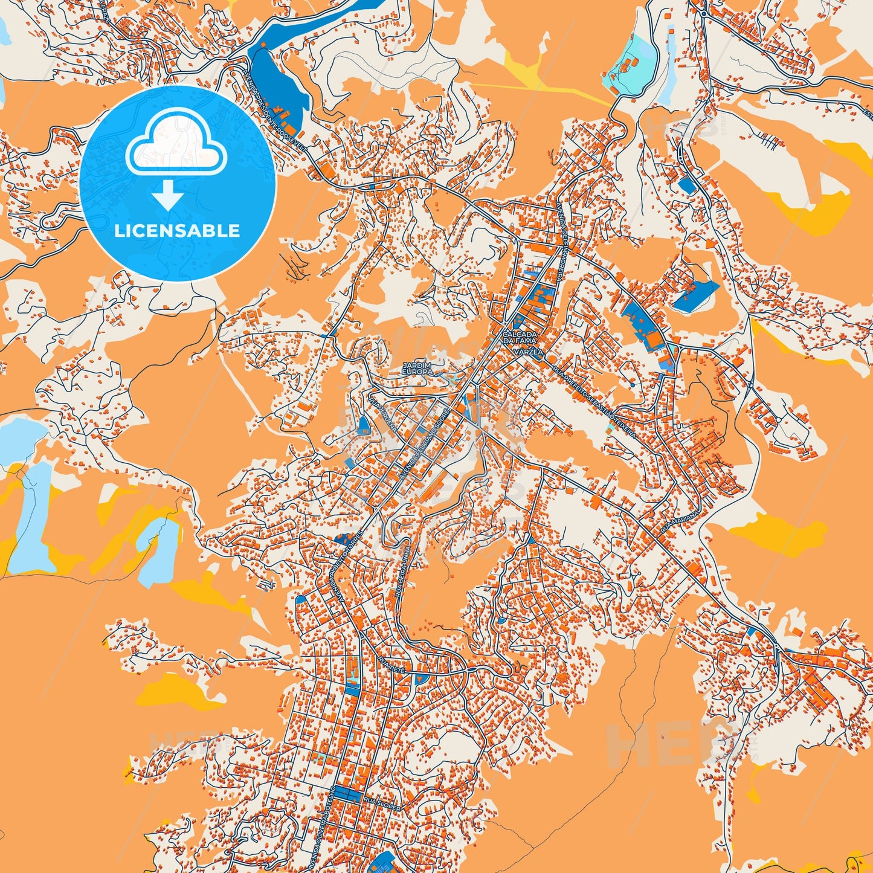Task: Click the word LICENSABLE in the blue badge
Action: coord(177,231)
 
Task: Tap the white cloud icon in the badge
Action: coord(176,144)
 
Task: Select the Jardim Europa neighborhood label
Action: coord(417,369)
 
